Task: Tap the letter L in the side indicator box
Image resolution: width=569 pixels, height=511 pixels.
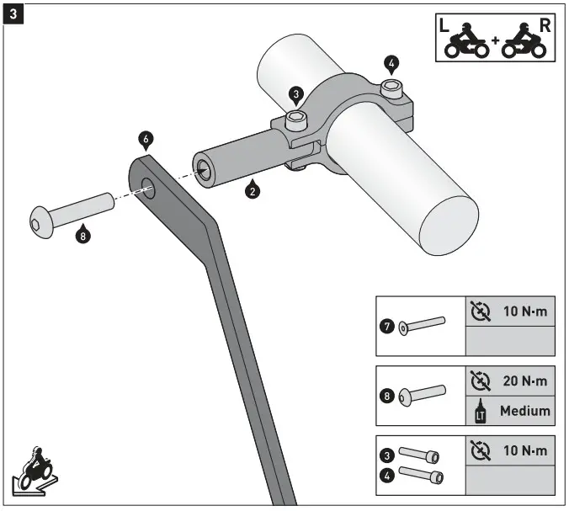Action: coord(445,25)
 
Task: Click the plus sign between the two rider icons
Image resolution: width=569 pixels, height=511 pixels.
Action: coord(494,41)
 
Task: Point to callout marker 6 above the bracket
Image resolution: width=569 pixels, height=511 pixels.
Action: coord(146,136)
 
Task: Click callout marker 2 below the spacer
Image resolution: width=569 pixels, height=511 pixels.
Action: coord(250,189)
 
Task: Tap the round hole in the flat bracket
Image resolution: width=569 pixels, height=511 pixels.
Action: coord(148,186)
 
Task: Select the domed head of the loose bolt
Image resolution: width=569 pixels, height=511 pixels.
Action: coord(38,219)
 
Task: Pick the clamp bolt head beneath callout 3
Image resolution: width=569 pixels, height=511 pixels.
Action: coord(295,121)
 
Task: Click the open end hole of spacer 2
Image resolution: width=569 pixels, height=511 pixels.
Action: coord(205,167)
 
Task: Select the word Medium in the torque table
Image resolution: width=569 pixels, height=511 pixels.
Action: coord(524,411)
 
